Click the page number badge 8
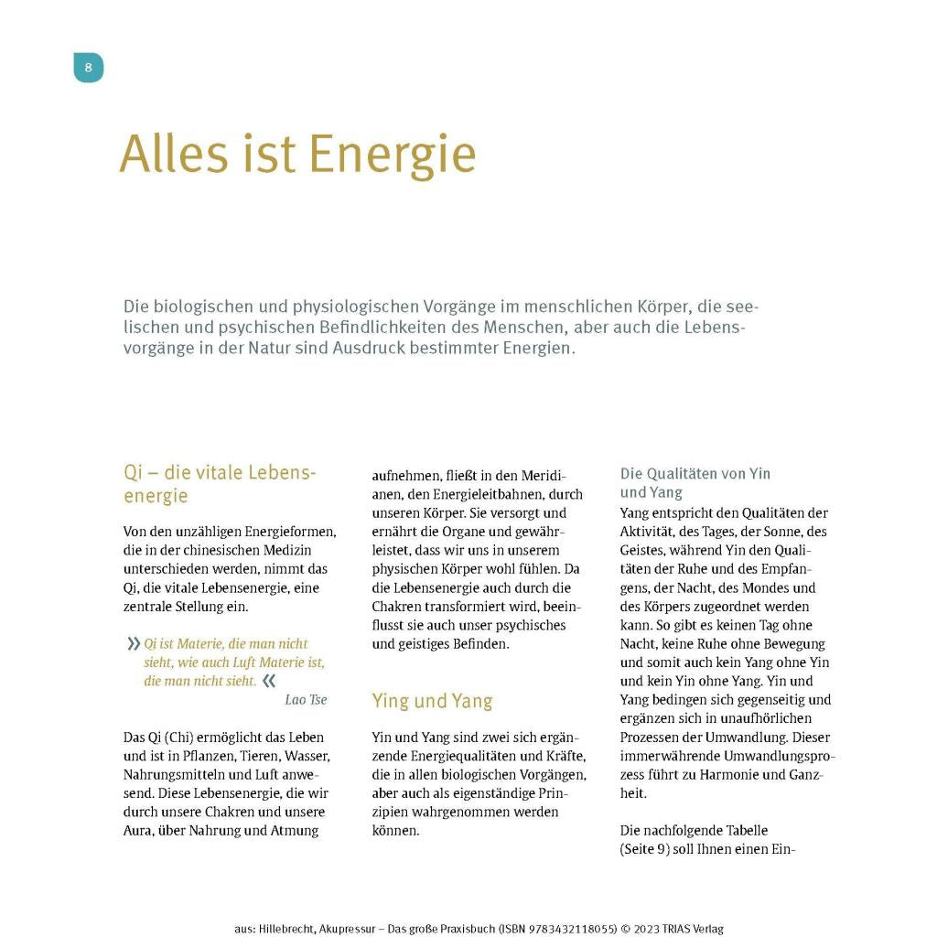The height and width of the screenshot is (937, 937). coord(88,67)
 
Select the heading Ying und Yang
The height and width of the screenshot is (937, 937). coord(432,701)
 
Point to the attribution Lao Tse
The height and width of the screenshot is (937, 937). coord(306,700)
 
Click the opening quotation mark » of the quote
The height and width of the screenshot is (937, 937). coord(134,644)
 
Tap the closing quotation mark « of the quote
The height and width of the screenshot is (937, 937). coord(268,681)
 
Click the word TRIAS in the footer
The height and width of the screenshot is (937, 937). coord(670,929)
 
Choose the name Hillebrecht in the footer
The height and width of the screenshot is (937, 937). coord(286,929)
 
